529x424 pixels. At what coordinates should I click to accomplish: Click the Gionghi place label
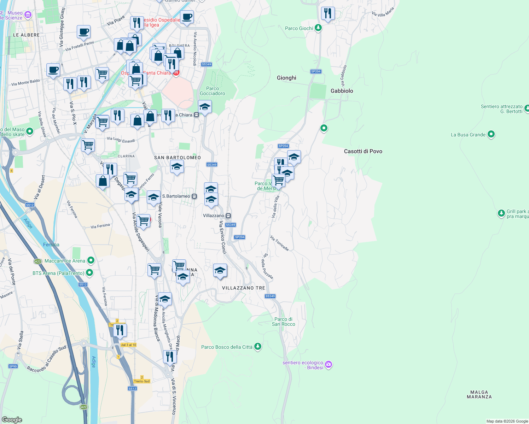click(286, 78)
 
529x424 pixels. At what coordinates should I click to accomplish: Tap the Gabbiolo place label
click(342, 91)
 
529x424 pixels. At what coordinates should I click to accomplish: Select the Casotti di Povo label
click(363, 151)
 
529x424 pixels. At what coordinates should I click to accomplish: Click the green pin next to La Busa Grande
click(491, 134)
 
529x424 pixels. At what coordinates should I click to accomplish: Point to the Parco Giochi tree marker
click(318, 28)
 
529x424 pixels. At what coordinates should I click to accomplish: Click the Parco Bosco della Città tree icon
click(258, 346)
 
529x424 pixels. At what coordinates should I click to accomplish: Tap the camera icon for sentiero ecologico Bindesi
click(329, 364)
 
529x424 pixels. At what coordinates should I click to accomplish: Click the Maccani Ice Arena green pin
click(91, 261)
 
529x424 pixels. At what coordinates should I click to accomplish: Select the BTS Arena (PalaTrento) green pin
click(89, 273)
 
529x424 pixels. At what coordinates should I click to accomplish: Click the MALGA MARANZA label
click(479, 394)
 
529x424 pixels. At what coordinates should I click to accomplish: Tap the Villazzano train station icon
click(228, 216)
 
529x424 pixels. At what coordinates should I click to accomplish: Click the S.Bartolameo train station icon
click(194, 196)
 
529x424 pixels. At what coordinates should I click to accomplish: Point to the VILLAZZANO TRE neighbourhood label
click(243, 288)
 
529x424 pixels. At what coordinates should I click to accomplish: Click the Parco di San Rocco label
click(283, 322)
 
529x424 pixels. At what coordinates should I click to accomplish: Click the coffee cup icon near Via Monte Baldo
click(53, 70)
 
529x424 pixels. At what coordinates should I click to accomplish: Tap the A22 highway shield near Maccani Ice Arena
click(38, 261)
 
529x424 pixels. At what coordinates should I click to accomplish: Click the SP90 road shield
click(13, 366)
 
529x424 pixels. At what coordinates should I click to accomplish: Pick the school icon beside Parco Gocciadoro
click(205, 106)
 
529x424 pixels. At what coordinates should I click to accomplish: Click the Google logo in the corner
click(12, 419)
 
